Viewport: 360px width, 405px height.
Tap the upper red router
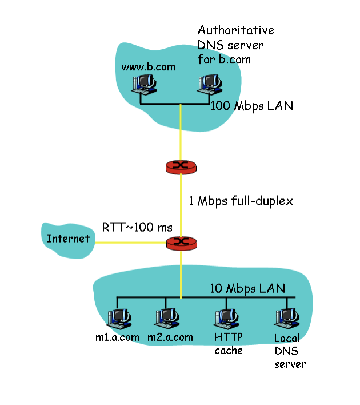(x=181, y=166)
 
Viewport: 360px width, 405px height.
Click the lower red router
(x=181, y=243)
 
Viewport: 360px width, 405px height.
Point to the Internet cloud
(x=68, y=237)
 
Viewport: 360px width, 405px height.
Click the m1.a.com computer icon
(x=118, y=318)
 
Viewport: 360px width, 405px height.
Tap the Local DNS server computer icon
(x=286, y=318)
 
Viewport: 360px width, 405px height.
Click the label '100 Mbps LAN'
(x=252, y=105)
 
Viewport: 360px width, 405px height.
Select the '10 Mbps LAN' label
(x=247, y=288)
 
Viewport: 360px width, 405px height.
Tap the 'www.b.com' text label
(x=148, y=67)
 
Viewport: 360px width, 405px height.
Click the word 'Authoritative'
(x=235, y=30)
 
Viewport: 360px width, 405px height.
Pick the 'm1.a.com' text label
(x=117, y=337)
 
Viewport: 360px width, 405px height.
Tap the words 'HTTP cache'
(x=228, y=344)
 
